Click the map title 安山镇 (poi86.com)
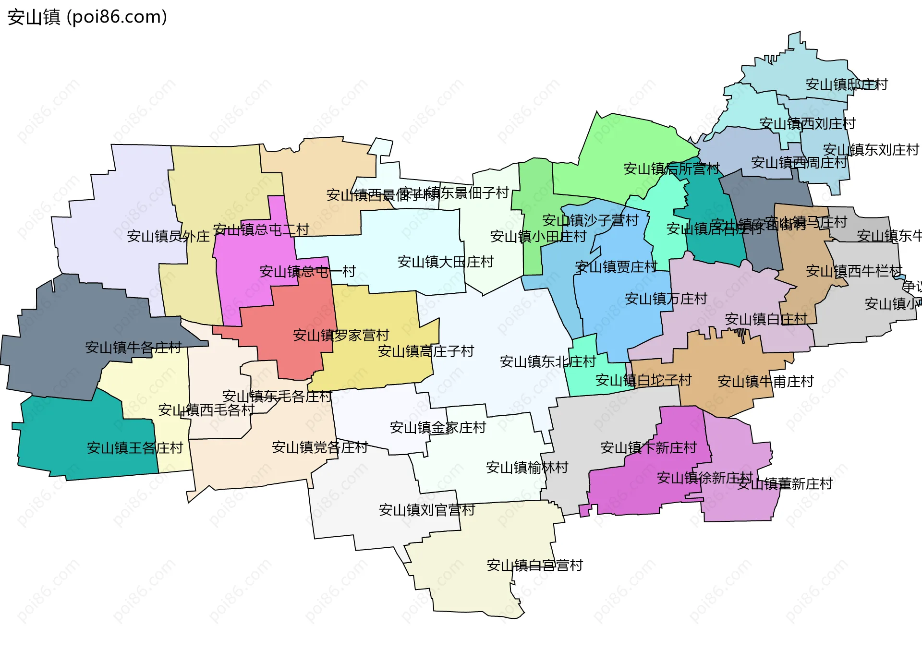click(87, 17)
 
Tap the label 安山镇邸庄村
click(846, 84)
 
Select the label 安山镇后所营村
click(671, 169)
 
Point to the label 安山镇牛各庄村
click(133, 347)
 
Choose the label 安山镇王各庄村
click(134, 448)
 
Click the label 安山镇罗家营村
click(340, 335)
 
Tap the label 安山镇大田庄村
click(445, 262)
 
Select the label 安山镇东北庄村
click(547, 361)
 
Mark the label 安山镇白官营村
click(534, 565)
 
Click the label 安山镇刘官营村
click(426, 510)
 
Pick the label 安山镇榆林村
click(527, 467)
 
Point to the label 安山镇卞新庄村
click(648, 448)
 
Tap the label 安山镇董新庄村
click(785, 484)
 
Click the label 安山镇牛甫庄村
click(765, 382)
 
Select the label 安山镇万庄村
click(666, 299)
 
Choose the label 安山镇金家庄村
click(437, 427)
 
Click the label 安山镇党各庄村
click(319, 447)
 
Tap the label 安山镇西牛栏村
click(854, 271)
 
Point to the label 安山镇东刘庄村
click(870, 150)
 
